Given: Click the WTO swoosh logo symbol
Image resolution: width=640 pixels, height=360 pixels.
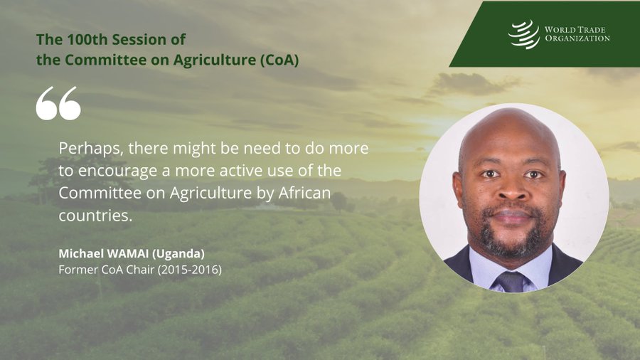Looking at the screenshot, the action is pyautogui.click(x=524, y=34).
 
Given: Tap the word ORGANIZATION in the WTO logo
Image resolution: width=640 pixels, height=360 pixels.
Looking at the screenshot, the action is pyautogui.click(x=577, y=39).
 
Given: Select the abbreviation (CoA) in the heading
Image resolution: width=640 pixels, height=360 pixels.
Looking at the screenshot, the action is pyautogui.click(x=279, y=60).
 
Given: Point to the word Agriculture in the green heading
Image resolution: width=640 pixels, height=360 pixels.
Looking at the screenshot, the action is pyautogui.click(x=214, y=60).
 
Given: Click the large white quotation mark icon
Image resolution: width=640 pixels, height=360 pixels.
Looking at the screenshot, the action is pyautogui.click(x=58, y=103).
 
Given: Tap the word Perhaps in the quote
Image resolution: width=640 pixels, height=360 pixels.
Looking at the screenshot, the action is pyautogui.click(x=91, y=149).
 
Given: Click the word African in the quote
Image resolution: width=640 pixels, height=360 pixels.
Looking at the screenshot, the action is pyautogui.click(x=304, y=193).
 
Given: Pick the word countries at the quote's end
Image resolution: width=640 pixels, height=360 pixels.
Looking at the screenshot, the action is pyautogui.click(x=95, y=216).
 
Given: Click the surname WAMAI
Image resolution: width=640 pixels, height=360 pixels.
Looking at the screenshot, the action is pyautogui.click(x=128, y=253).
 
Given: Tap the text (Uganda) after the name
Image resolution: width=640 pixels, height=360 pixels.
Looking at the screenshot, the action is pyautogui.click(x=178, y=254).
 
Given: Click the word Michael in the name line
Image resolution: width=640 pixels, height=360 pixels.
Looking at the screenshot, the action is pyautogui.click(x=81, y=253).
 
